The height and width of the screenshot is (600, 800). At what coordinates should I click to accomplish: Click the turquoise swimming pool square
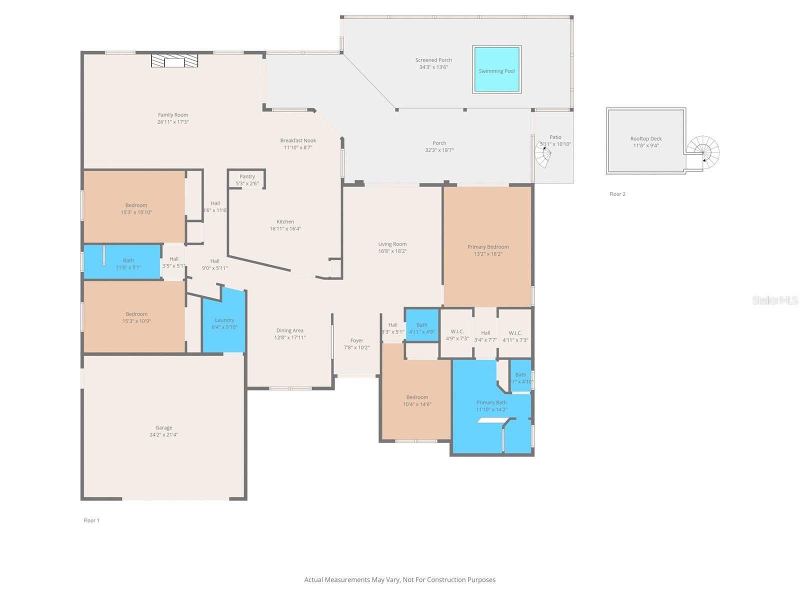tap(496, 69)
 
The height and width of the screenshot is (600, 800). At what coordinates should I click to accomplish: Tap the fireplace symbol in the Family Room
tap(174, 61)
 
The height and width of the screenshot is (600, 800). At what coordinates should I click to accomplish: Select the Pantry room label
tap(247, 176)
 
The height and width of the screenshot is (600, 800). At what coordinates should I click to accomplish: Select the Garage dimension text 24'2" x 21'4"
tap(163, 435)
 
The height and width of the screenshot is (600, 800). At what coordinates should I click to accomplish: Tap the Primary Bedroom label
tap(488, 247)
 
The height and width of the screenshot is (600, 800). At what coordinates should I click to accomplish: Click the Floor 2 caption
tap(617, 194)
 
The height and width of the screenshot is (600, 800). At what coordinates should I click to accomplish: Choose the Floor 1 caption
tap(91, 520)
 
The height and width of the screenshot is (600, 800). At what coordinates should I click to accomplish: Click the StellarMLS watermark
tap(774, 300)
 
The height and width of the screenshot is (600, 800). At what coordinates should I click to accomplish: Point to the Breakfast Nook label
tap(298, 140)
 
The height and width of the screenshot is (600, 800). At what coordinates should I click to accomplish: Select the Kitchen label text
tap(285, 221)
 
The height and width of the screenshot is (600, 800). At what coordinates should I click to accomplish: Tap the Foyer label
tap(356, 340)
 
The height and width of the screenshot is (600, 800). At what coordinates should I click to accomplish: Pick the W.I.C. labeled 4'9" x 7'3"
tap(457, 334)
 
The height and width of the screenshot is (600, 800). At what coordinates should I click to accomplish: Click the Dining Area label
tap(289, 330)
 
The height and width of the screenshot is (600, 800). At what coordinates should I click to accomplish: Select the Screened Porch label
tap(433, 60)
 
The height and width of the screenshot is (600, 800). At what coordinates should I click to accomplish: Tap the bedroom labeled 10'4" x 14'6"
tap(417, 400)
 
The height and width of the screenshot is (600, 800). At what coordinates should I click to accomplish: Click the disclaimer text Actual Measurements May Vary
tap(400, 580)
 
